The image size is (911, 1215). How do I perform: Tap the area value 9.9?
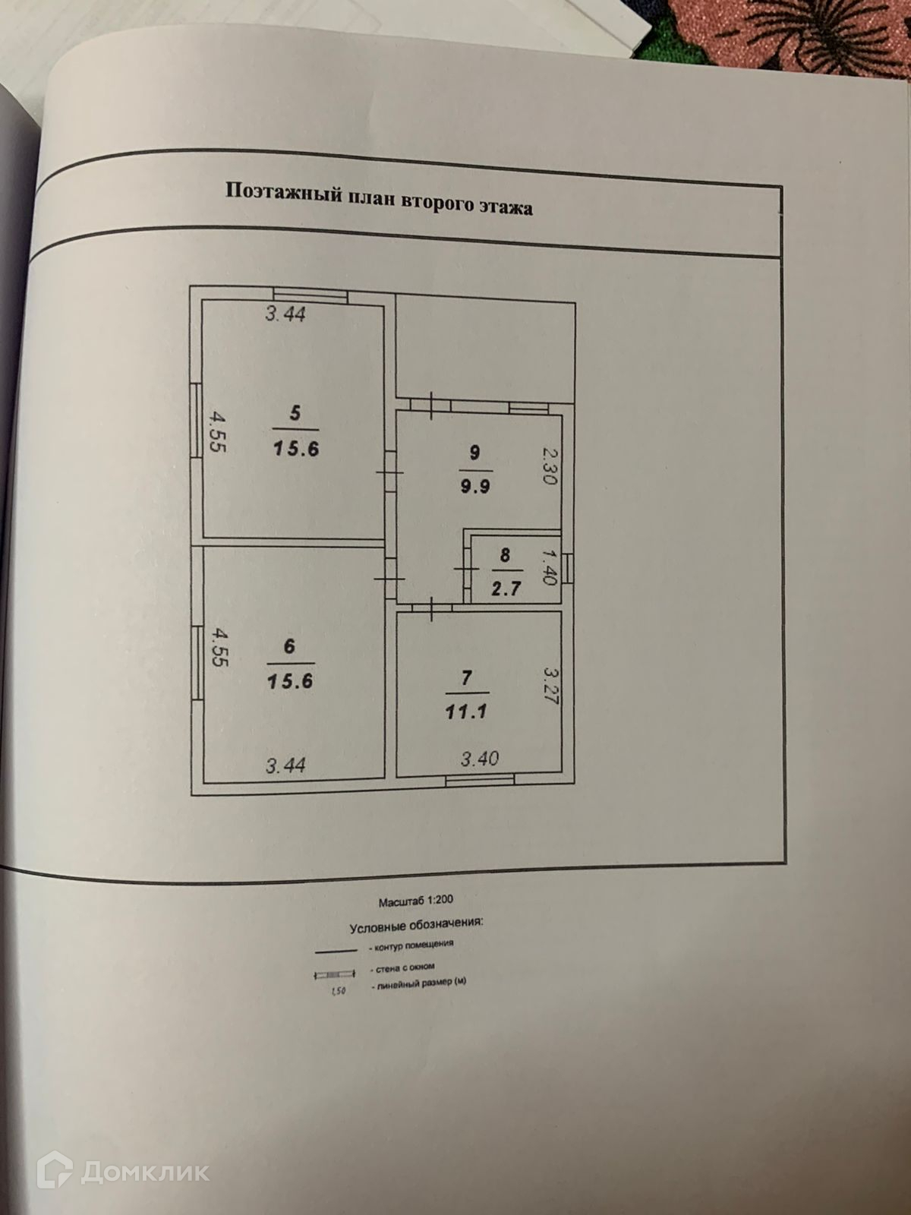pos(474,485)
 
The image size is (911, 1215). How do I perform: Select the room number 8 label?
pos(505,554)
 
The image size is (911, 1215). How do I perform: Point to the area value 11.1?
pos(467,712)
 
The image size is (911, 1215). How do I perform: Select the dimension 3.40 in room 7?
pos(480,758)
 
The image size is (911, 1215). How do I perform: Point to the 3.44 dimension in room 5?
pos(285,313)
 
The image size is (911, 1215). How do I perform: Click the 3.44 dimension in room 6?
pos(285,765)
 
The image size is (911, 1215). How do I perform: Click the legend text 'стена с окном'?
pos(403,968)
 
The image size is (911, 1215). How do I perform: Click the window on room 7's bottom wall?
pos(480,778)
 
